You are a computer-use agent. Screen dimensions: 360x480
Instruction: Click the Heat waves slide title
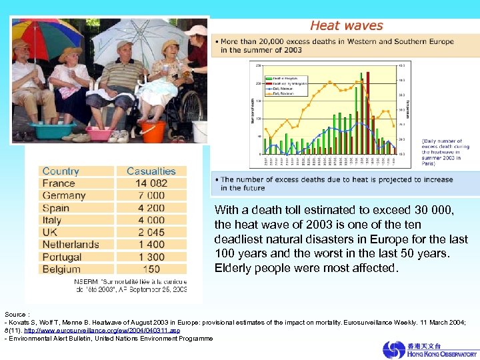[x=347, y=26]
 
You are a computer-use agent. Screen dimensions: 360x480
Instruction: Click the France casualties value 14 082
[x=151, y=183]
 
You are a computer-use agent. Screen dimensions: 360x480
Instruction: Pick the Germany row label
[x=64, y=195]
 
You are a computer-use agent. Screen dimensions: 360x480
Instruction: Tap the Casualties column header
[x=151, y=171]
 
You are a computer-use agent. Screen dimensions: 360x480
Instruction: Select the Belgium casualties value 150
[x=151, y=269]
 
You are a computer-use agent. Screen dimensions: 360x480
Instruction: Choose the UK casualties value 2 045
[x=151, y=233]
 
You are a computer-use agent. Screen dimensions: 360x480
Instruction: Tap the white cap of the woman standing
[x=196, y=30]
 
